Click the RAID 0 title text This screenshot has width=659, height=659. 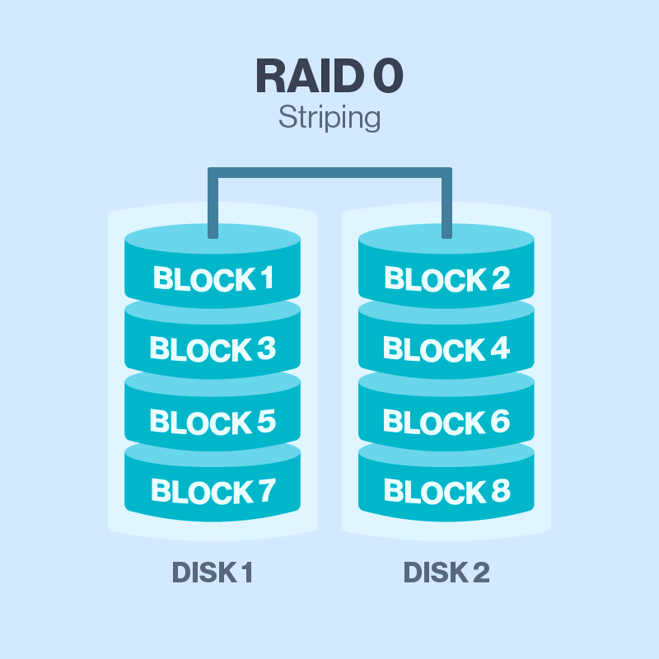[329, 76]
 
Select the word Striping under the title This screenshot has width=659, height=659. [329, 118]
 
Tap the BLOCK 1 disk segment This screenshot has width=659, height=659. [213, 278]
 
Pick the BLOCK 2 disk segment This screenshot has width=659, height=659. [446, 278]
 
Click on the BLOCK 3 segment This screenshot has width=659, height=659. [213, 349]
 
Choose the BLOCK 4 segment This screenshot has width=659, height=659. [446, 349]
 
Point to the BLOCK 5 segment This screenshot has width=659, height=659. [213, 422]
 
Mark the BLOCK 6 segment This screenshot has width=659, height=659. [446, 422]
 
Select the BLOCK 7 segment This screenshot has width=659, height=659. [213, 492]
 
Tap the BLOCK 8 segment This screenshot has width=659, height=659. [446, 492]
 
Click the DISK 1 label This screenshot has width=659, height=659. [212, 573]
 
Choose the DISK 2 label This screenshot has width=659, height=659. [446, 573]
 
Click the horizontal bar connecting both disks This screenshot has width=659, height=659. [329, 172]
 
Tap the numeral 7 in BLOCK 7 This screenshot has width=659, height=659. [265, 492]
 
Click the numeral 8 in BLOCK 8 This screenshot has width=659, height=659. [500, 492]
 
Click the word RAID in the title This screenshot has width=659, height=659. [304, 76]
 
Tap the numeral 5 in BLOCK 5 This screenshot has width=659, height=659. [265, 422]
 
